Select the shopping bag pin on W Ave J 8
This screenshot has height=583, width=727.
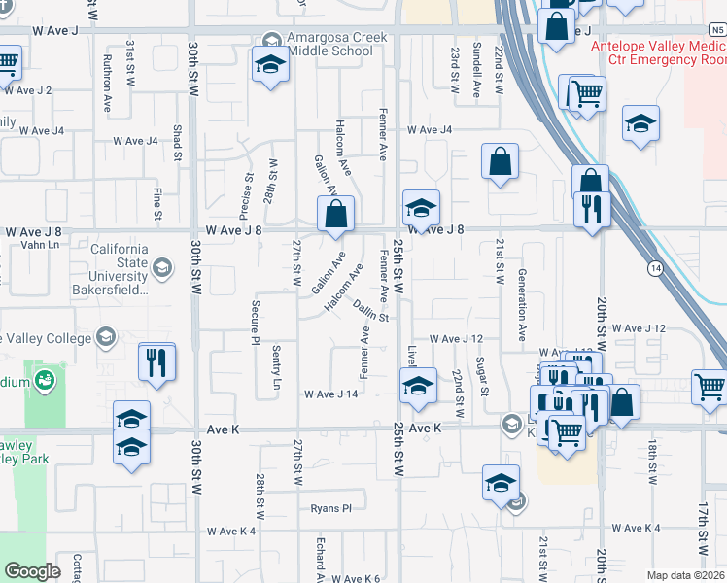click(335, 214)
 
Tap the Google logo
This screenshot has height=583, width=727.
click(32, 571)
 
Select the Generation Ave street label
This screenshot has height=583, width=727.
click(522, 304)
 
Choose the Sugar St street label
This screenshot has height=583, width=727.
click(483, 376)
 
